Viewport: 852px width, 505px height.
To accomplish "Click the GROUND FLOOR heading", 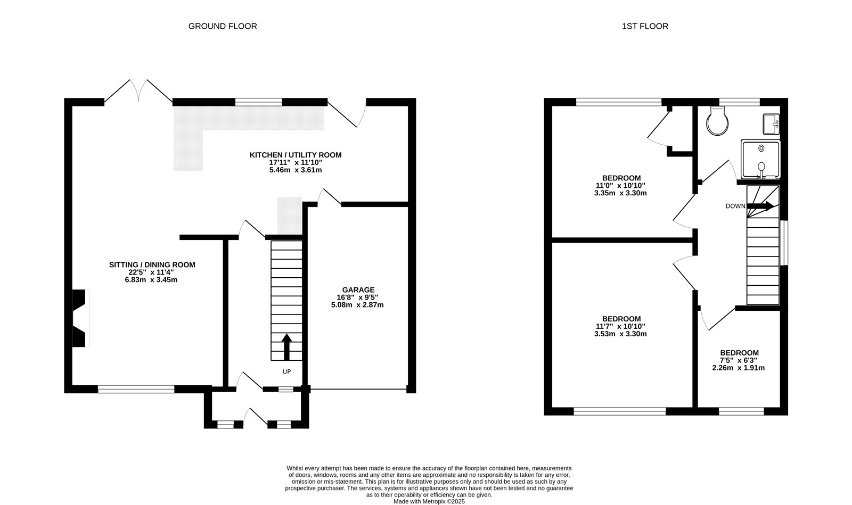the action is pos(223,26).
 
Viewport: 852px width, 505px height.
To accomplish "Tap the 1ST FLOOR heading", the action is pos(645,26).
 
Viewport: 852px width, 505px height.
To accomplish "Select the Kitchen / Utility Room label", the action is pos(296,155).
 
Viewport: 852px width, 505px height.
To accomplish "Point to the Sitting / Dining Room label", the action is pos(152,265).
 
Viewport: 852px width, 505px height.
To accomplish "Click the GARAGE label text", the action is pos(358,290).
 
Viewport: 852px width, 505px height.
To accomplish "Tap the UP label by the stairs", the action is pos(287,371).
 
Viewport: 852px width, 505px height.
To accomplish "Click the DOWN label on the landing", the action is pos(735,206).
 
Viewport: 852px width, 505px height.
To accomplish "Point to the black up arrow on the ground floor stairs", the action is pos(286,347).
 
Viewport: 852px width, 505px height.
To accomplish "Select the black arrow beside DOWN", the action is pos(760,206).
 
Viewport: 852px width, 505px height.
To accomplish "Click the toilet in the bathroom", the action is pos(717,121).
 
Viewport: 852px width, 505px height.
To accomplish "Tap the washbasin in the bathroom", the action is pos(771,125).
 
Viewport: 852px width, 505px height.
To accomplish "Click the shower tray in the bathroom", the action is pos(761,159).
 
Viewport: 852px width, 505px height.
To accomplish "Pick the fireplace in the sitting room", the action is pos(80,318).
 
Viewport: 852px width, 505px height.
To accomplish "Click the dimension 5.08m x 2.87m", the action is pos(357,305).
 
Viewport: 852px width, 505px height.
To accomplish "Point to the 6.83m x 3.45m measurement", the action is pos(151,280).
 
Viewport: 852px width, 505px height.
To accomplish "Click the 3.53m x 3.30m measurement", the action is pos(620,334).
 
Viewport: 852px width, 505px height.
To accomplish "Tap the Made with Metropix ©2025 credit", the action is pos(429,502).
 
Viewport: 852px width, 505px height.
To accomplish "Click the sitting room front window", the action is pos(136,389).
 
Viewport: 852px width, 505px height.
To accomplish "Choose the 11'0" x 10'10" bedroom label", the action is pos(620,186).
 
